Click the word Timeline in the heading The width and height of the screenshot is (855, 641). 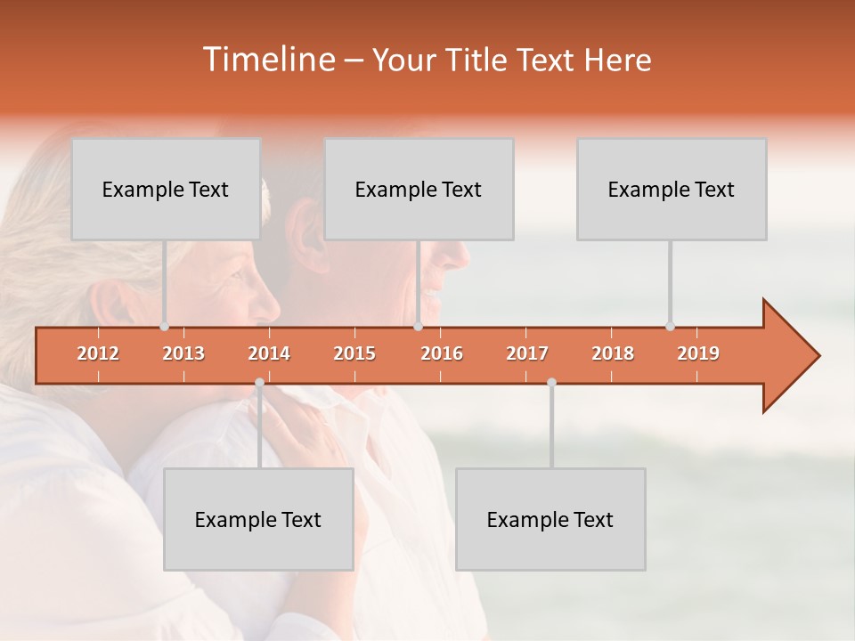click(267, 60)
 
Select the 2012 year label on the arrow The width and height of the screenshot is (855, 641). click(98, 353)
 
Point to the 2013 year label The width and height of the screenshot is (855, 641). click(183, 353)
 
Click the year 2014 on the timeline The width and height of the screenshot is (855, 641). click(269, 353)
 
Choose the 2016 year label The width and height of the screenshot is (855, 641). click(442, 353)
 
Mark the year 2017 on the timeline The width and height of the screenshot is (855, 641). click(527, 353)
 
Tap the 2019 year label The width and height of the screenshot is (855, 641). click(698, 353)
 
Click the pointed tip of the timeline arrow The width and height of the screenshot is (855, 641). click(818, 356)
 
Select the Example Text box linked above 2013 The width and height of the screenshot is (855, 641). click(166, 189)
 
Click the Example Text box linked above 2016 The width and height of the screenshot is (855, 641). click(419, 189)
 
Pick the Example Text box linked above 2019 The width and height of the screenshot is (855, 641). click(672, 189)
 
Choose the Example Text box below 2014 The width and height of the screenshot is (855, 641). click(258, 519)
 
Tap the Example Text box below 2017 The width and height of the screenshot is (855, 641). click(550, 519)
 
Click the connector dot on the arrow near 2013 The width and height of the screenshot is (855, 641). click(165, 327)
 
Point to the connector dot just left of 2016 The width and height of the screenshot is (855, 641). click(419, 327)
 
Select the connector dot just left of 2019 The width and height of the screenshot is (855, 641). click(671, 327)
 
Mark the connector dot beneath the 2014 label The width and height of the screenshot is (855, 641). click(259, 383)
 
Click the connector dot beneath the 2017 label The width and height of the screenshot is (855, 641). click(551, 383)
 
